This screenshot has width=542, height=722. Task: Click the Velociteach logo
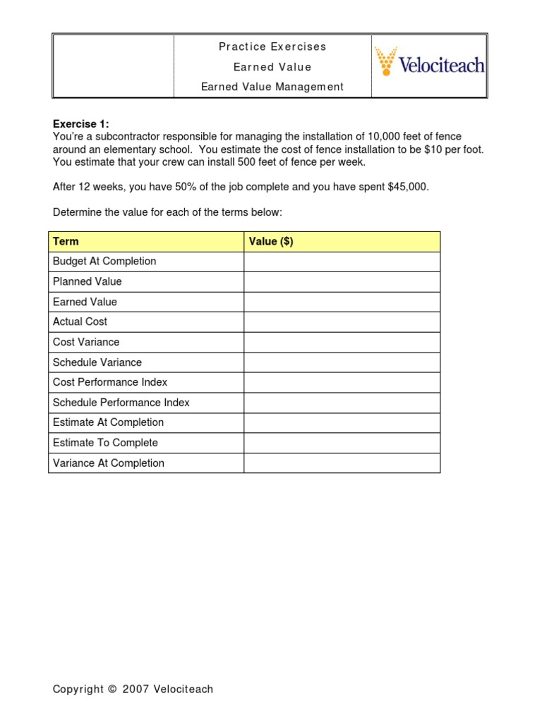point(429,63)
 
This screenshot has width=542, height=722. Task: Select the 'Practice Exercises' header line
point(272,47)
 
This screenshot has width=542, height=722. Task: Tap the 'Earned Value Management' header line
point(272,87)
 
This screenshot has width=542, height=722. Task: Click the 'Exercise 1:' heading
point(80,124)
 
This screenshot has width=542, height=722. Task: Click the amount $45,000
point(408,187)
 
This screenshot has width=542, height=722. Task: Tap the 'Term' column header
point(66,241)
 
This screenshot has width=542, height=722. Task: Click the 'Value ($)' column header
point(271,241)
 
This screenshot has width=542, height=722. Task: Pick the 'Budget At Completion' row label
point(104,261)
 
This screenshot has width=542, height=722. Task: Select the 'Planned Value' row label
point(88,281)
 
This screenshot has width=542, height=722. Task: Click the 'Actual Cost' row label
point(80,322)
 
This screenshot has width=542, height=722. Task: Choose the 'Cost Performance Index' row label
point(110,382)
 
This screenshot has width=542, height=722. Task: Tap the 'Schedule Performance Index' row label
point(121,403)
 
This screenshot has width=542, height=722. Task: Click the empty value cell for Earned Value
point(342,302)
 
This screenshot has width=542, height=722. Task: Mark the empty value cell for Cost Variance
point(342,342)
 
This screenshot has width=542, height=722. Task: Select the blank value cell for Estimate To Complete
point(342,443)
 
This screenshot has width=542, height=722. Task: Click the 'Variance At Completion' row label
point(109,463)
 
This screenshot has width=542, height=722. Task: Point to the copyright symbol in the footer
point(112,690)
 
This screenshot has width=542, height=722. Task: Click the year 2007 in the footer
point(135,690)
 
